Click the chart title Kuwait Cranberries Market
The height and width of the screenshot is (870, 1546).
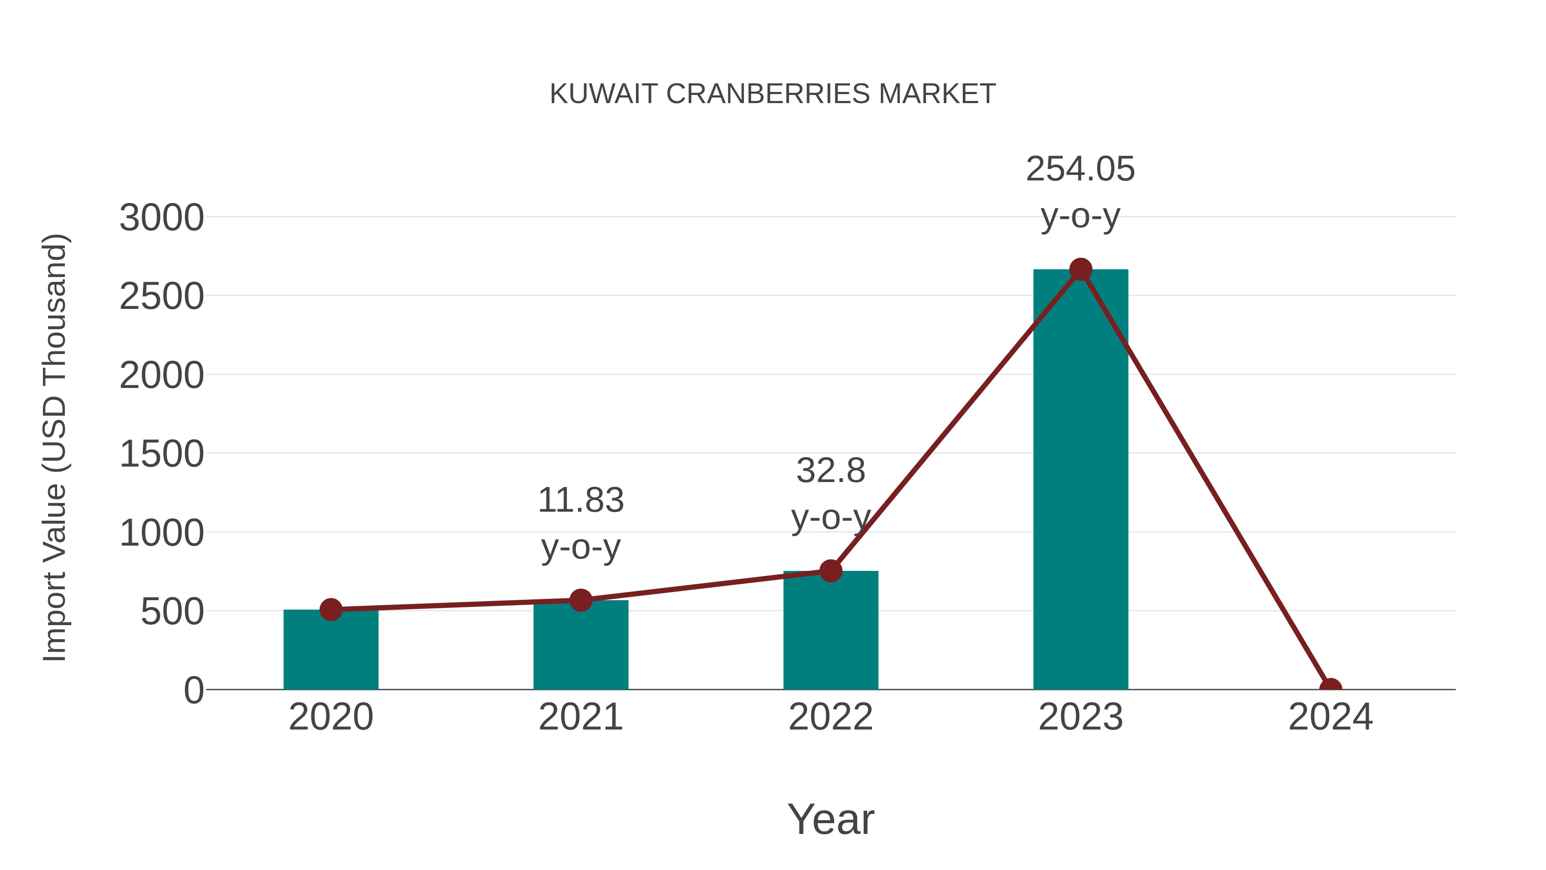773,94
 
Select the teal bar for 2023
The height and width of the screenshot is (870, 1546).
1080,480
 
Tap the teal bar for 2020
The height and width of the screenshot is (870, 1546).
331,651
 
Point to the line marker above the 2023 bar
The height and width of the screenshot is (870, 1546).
1080,269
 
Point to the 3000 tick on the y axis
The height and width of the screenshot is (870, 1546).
161,217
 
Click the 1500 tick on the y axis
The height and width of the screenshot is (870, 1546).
161,454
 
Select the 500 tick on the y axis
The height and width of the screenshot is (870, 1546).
172,612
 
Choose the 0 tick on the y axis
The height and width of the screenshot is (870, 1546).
193,690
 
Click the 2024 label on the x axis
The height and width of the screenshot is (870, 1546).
1330,717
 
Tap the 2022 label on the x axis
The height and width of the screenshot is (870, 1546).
831,717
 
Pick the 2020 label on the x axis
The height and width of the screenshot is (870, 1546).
331,717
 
